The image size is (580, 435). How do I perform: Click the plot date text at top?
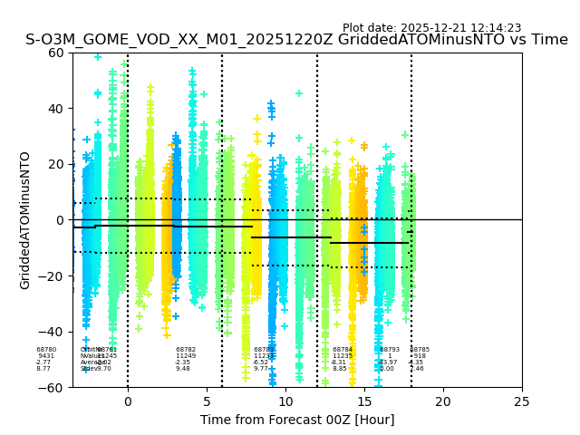coord(431,28)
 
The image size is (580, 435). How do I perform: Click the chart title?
coord(296,40)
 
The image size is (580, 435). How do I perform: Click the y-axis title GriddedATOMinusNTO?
coord(25,220)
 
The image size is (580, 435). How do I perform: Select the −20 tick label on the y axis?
coord(52,275)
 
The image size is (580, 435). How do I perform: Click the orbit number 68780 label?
coord(46,350)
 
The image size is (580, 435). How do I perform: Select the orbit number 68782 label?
coord(186,350)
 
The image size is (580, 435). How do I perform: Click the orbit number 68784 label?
coord(343,350)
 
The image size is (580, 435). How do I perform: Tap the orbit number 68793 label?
coord(390,350)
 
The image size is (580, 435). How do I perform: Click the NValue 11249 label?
coord(186,356)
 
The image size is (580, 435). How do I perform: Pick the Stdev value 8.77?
coord(43,369)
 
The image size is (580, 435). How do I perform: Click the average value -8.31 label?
coord(339,362)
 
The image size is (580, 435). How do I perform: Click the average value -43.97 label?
coord(388,362)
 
